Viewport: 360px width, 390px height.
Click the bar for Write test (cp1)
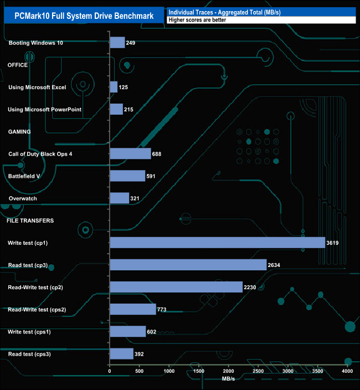coord(217,243)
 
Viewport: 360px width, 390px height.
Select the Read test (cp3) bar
coord(188,265)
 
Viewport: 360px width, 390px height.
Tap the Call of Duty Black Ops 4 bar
coord(130,153)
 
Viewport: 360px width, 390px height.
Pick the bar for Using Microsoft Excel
coord(114,87)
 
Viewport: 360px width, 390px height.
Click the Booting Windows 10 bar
coord(117,43)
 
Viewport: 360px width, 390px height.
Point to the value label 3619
coord(332,243)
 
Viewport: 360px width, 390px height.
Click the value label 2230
coord(251,287)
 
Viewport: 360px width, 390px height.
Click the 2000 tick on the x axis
coord(229,371)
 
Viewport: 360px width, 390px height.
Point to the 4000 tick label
coord(347,371)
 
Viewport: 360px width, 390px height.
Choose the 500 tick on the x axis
coord(140,371)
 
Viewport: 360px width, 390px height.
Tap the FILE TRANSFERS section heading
coord(30,220)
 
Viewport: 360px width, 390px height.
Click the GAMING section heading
coord(19,132)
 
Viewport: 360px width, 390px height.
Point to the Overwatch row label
coord(23,198)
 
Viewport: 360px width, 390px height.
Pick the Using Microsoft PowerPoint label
coord(45,110)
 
